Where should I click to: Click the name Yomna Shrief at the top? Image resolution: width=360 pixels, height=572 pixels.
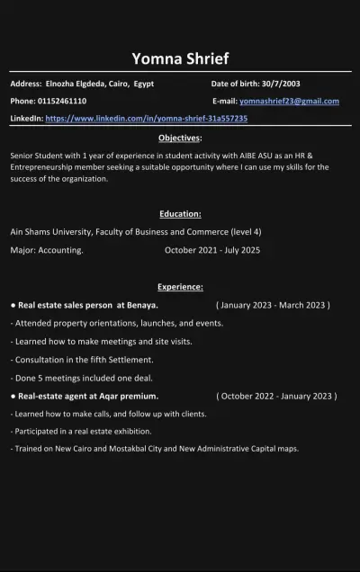click(x=180, y=59)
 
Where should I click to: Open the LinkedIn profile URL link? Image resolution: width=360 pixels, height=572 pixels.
click(x=146, y=118)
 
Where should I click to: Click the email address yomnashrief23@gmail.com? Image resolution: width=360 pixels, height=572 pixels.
click(x=289, y=101)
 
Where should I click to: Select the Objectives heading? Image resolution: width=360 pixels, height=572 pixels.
click(x=180, y=138)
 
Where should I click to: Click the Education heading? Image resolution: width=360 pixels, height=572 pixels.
click(x=180, y=214)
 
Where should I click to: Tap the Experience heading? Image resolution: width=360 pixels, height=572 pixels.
click(x=180, y=287)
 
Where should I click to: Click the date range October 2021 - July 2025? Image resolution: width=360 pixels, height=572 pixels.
click(x=212, y=250)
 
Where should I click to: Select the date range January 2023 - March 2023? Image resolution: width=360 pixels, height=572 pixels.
click(x=274, y=305)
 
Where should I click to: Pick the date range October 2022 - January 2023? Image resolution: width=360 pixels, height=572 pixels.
click(x=276, y=396)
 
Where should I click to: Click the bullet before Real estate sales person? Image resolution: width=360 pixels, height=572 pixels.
click(x=13, y=305)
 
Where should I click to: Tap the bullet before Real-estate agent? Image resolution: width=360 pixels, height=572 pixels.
click(x=13, y=396)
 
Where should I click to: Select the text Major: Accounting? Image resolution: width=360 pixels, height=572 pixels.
click(x=47, y=250)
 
